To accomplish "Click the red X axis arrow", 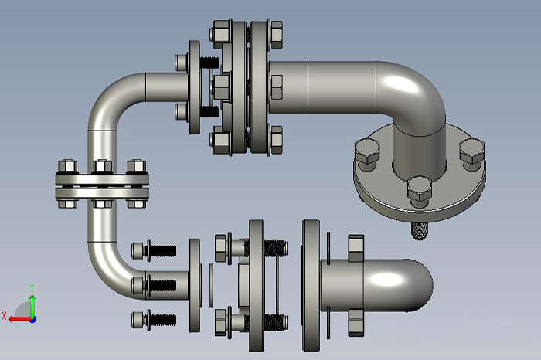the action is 20,319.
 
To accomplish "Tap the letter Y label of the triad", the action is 32,287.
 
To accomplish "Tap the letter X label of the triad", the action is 4,315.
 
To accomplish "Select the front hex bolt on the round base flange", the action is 419,191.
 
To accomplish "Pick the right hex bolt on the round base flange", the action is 472,155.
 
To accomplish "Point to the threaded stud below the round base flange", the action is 419,230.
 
